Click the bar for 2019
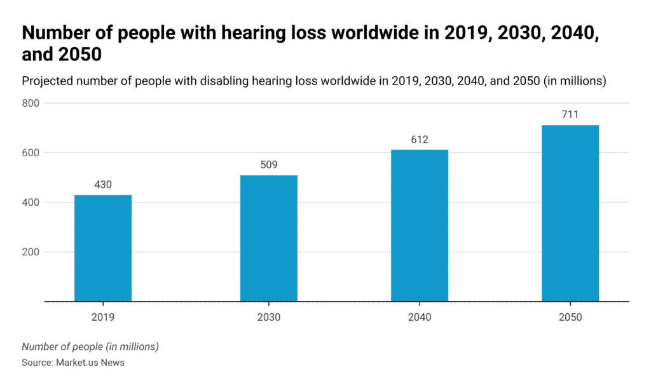(x=103, y=248)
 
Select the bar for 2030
(x=269, y=238)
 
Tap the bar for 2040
(x=420, y=225)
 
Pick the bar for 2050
(x=570, y=213)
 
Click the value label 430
(x=103, y=185)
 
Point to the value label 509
(x=269, y=165)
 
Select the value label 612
(x=420, y=140)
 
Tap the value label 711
(x=570, y=115)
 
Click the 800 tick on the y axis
(x=31, y=103)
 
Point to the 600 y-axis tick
(x=31, y=152)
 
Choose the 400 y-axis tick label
(x=31, y=203)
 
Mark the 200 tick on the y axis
(x=31, y=252)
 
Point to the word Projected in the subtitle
(x=48, y=81)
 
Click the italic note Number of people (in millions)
(x=90, y=347)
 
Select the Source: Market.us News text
(x=73, y=362)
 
